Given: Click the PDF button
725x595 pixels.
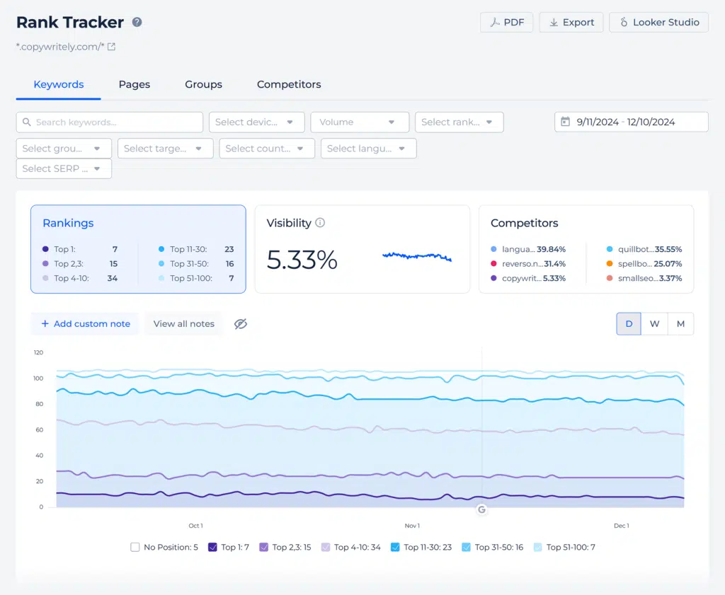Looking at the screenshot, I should pos(507,22).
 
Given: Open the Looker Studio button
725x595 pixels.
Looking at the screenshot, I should pos(658,22).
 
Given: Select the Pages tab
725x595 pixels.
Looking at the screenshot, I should pos(135,84).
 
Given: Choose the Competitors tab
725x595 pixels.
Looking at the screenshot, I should pos(289,84).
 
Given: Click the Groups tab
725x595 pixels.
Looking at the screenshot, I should pos(203,84).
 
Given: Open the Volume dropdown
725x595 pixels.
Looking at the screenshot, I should pos(360,122).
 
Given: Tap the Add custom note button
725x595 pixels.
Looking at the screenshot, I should pos(85,324).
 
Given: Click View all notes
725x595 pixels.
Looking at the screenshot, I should pos(183,324).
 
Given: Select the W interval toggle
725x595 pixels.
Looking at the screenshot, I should pos(655,324).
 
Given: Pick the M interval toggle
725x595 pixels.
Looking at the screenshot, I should pos(680,324).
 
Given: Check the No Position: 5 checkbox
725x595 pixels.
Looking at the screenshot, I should pos(135,547).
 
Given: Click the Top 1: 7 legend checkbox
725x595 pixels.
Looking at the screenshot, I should pos(212,547).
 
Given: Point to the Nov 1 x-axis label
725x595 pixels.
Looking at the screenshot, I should pos(412,526).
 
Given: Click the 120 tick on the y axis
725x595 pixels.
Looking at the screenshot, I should pos(38,352).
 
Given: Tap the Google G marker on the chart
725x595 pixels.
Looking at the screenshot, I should pos(482,509).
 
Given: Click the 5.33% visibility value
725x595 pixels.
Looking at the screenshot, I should pos(302,260).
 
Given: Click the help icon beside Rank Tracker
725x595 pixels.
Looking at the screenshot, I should pos(137,22).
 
